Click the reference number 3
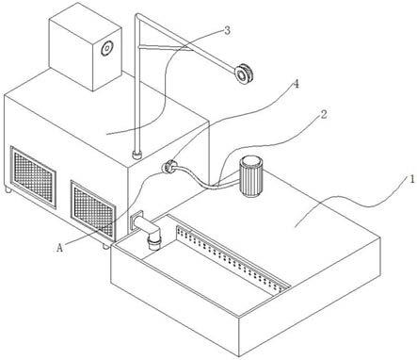point(227,31)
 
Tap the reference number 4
point(296,84)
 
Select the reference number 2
point(324,115)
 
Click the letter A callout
point(60,248)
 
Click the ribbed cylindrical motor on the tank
point(251,177)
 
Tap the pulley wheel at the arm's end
point(243,74)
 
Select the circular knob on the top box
point(106,48)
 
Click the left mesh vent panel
point(33,177)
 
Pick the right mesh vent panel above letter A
point(93,208)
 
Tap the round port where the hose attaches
point(168,166)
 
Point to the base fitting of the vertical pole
point(137,155)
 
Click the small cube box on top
point(86,46)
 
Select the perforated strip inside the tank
point(232,258)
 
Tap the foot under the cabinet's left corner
point(8,189)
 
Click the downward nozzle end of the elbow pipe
point(154,243)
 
